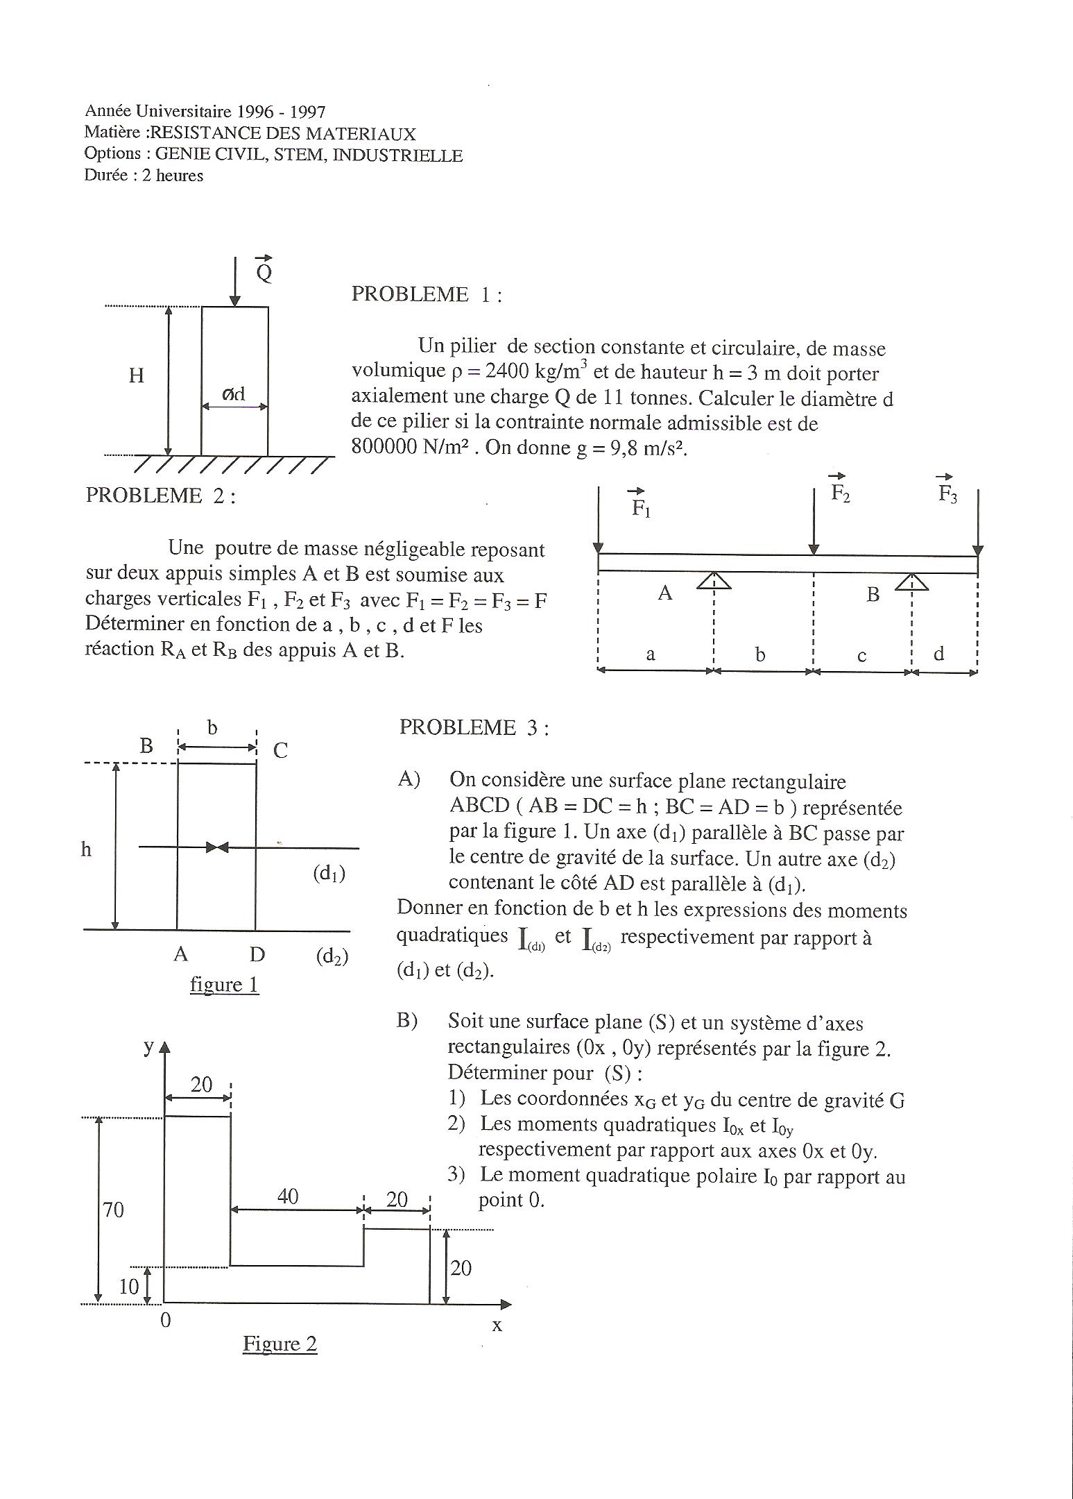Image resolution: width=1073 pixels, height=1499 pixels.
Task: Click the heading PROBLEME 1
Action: click(426, 295)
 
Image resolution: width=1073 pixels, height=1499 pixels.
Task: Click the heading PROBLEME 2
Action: click(160, 496)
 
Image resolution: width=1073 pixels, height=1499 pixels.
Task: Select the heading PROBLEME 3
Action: click(474, 727)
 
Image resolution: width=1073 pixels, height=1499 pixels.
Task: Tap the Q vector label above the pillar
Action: click(264, 270)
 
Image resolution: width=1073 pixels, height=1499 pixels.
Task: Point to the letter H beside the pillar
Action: click(137, 375)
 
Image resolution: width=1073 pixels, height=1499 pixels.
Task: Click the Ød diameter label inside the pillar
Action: click(234, 394)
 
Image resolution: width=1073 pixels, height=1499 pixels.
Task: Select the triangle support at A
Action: click(714, 579)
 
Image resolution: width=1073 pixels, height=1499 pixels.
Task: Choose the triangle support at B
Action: click(911, 580)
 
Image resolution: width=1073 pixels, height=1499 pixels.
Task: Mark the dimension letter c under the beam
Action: click(861, 656)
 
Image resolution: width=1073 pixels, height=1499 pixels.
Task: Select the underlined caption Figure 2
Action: click(280, 1344)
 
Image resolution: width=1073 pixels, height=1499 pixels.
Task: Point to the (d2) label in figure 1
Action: click(332, 957)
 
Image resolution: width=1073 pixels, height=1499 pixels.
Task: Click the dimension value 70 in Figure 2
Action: click(113, 1210)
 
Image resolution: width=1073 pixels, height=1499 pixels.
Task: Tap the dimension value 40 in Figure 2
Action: click(288, 1196)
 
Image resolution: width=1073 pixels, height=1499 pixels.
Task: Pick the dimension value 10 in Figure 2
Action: click(128, 1287)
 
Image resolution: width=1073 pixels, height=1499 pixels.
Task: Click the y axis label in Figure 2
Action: click(148, 1047)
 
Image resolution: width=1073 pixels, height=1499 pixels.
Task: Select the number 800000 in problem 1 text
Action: click(384, 447)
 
